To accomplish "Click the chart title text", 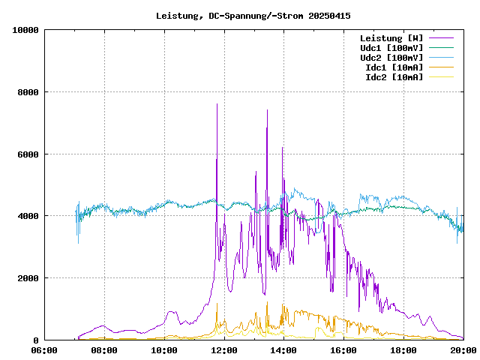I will pyautogui.click(x=253, y=15).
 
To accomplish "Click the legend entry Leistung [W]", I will pyautogui.click(x=391, y=38).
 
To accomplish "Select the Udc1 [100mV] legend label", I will pyautogui.click(x=391, y=48).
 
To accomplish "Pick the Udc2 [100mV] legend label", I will pyautogui.click(x=391, y=58).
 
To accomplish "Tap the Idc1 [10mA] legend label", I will pyautogui.click(x=394, y=67).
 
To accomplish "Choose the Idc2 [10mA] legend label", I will pyautogui.click(x=394, y=77).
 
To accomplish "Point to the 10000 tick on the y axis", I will pyautogui.click(x=25, y=30).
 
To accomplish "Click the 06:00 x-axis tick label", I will pyautogui.click(x=44, y=350).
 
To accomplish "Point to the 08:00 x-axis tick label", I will pyautogui.click(x=104, y=350).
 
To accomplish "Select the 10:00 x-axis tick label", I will pyautogui.click(x=164, y=350).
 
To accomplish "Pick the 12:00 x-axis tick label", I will pyautogui.click(x=224, y=350).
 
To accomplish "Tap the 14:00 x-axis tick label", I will pyautogui.click(x=283, y=350).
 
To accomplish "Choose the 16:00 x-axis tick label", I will pyautogui.click(x=343, y=350).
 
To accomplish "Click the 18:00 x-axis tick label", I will pyautogui.click(x=403, y=350).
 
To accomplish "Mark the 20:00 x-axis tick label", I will pyautogui.click(x=463, y=350).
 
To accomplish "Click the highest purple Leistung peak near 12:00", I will pyautogui.click(x=217, y=104).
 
